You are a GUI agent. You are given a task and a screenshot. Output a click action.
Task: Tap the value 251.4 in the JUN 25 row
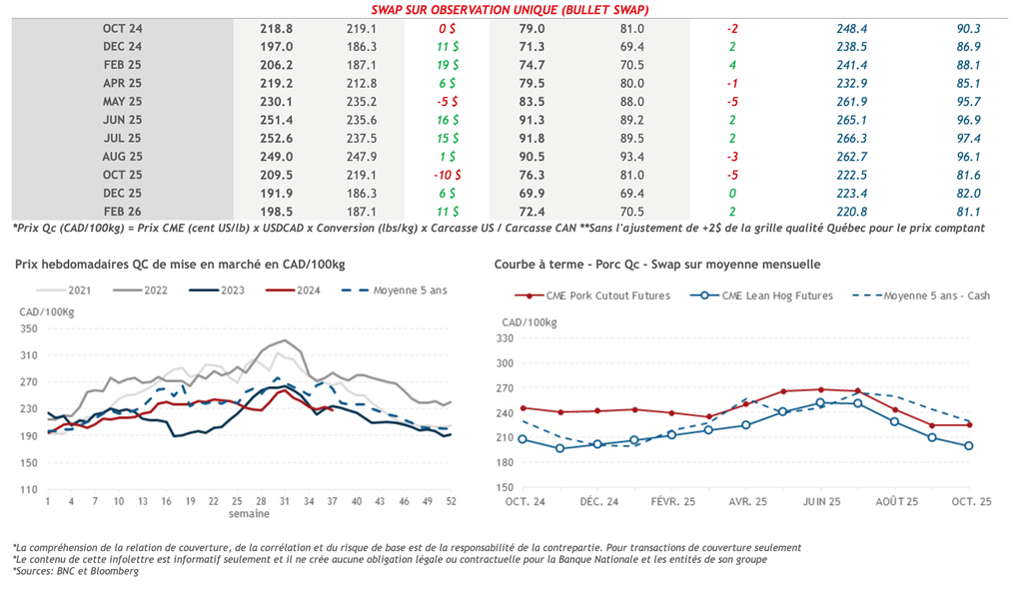pyautogui.click(x=276, y=120)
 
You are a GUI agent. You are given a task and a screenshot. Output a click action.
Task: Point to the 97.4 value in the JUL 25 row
pyautogui.click(x=968, y=138)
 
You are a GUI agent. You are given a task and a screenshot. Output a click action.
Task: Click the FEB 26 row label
pyautogui.click(x=123, y=211)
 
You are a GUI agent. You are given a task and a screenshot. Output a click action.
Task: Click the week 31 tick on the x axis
pyautogui.click(x=285, y=500)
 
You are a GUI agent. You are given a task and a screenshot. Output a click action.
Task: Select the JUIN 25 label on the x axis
pyautogui.click(x=820, y=500)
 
